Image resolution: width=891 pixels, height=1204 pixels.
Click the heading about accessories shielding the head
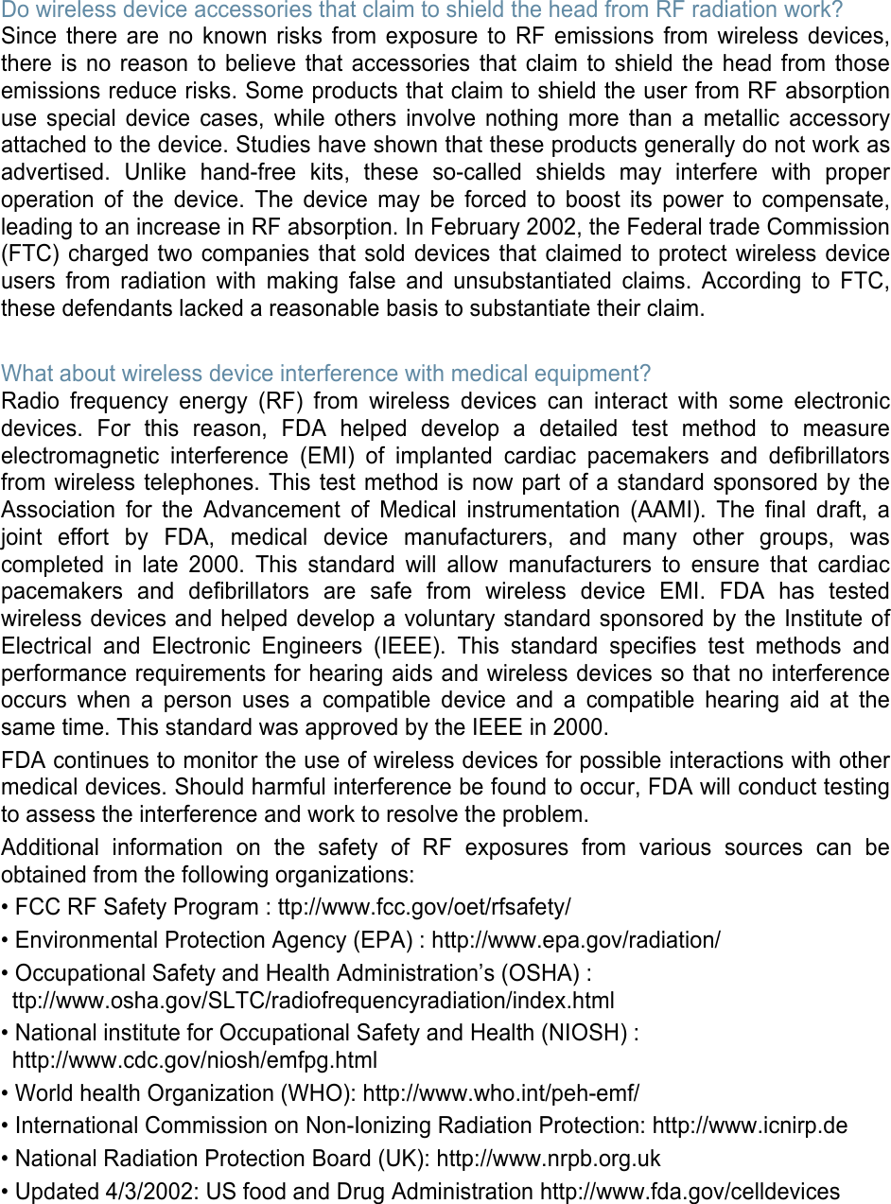pos(422,10)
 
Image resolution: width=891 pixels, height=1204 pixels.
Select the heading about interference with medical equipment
pos(326,374)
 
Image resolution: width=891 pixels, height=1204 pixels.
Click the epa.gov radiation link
pos(575,940)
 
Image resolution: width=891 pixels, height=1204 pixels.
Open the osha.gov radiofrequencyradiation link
pos(313,1001)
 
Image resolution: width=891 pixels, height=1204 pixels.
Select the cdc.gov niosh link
pos(195,1060)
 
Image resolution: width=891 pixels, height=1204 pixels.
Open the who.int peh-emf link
pos(501,1093)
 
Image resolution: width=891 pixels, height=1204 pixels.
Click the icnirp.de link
pos(750,1125)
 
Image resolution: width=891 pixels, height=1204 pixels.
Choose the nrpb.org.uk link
pos(549,1159)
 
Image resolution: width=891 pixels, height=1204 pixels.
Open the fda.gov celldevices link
pos(690,1192)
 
